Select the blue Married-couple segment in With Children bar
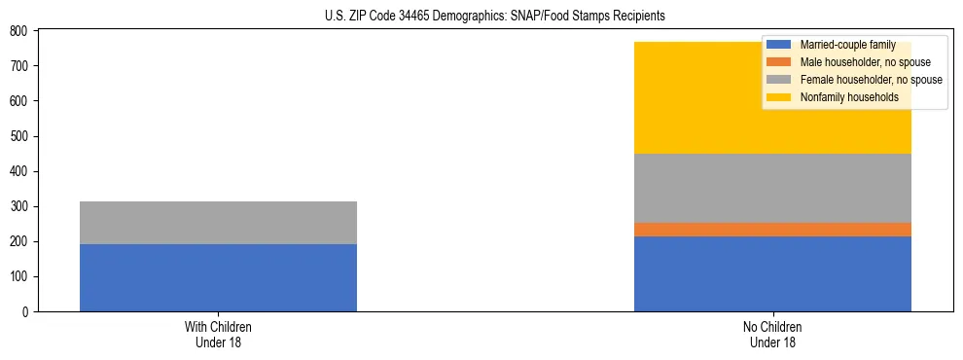(x=218, y=277)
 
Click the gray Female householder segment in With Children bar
(x=218, y=223)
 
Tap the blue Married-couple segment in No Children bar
(x=772, y=273)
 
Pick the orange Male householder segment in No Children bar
(x=772, y=230)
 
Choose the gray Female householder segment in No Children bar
(x=772, y=188)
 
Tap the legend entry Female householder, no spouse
(x=869, y=80)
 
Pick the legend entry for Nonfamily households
(x=842, y=97)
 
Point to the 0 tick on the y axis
(x=27, y=312)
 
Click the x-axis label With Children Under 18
(x=218, y=334)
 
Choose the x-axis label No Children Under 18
(x=772, y=334)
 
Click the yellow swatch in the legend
(x=778, y=97)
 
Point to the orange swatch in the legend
(x=778, y=62)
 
